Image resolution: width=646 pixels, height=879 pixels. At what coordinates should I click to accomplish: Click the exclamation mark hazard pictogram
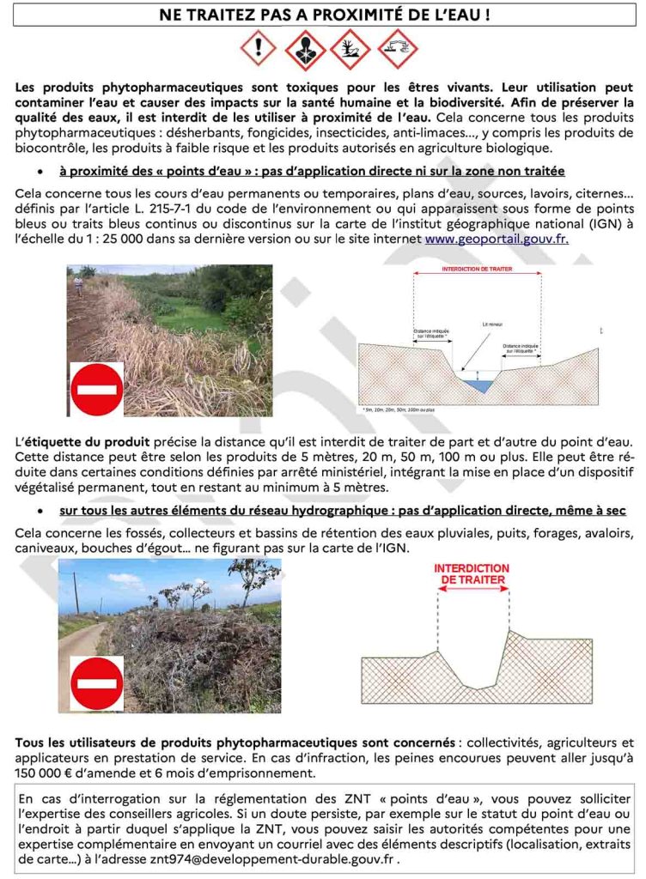(x=259, y=50)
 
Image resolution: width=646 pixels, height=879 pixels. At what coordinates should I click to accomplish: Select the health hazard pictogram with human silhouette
(x=305, y=50)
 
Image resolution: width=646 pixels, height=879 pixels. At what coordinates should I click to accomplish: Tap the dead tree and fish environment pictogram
(x=350, y=50)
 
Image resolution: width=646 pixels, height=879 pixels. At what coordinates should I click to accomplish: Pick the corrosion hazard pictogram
(x=397, y=50)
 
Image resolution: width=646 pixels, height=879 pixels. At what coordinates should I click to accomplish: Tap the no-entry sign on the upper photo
(x=95, y=389)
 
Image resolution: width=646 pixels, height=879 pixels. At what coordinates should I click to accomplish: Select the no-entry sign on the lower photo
(x=95, y=684)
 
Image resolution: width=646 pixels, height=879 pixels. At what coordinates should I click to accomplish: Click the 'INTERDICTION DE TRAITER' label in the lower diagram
(x=472, y=574)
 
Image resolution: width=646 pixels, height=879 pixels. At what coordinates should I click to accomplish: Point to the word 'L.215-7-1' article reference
(x=227, y=209)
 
